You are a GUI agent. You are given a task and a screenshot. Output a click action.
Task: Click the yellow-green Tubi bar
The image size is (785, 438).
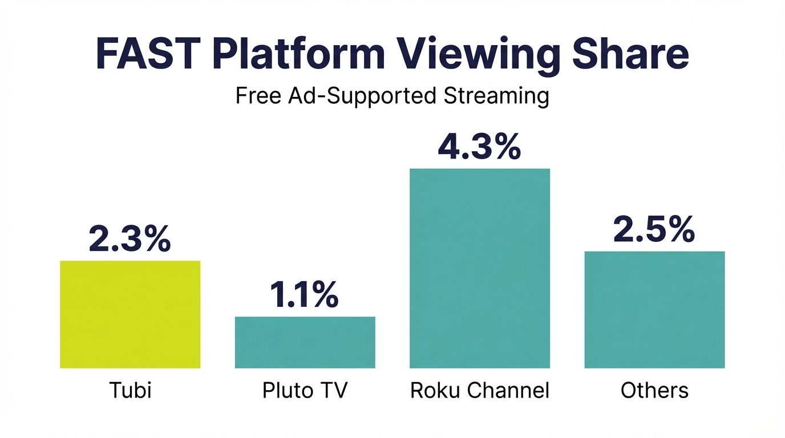click(x=130, y=314)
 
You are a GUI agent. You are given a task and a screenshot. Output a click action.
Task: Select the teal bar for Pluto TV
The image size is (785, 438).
click(x=305, y=342)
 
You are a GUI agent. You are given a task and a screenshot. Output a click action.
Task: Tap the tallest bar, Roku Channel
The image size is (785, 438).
click(x=480, y=268)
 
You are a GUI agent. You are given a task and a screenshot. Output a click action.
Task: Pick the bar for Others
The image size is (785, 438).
click(x=654, y=310)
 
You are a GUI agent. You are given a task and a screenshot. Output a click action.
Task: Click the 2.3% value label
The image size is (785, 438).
click(x=130, y=240)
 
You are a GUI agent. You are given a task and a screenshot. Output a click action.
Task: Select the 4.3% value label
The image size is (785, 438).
click(x=479, y=147)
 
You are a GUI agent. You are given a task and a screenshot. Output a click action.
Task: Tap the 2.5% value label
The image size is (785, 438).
click(x=654, y=230)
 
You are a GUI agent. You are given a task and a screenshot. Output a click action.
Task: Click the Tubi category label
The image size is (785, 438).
click(x=130, y=391)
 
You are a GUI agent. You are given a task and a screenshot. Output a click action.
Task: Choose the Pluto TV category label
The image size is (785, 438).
click(x=305, y=391)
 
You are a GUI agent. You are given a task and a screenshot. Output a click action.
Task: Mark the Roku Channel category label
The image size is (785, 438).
click(x=480, y=391)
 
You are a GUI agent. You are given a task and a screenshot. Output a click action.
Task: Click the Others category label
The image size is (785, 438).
click(x=654, y=391)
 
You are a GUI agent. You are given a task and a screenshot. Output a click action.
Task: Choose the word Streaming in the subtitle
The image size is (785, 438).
click(x=494, y=96)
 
